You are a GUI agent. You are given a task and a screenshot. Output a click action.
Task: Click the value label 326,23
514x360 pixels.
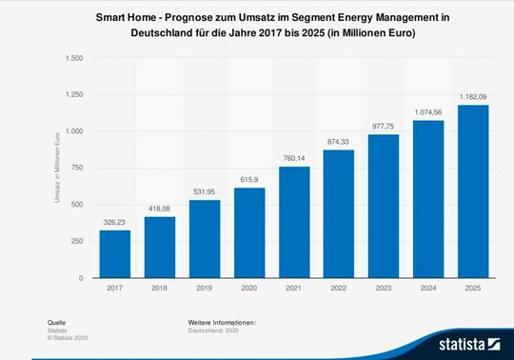(114, 223)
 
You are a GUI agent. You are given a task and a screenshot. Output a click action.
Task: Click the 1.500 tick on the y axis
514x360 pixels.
(74, 58)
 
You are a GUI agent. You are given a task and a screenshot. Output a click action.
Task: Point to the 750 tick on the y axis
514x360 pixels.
(77, 168)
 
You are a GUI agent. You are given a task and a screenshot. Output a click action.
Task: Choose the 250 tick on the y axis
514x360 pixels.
(77, 241)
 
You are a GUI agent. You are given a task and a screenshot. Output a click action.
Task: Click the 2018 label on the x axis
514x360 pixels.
(160, 288)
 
